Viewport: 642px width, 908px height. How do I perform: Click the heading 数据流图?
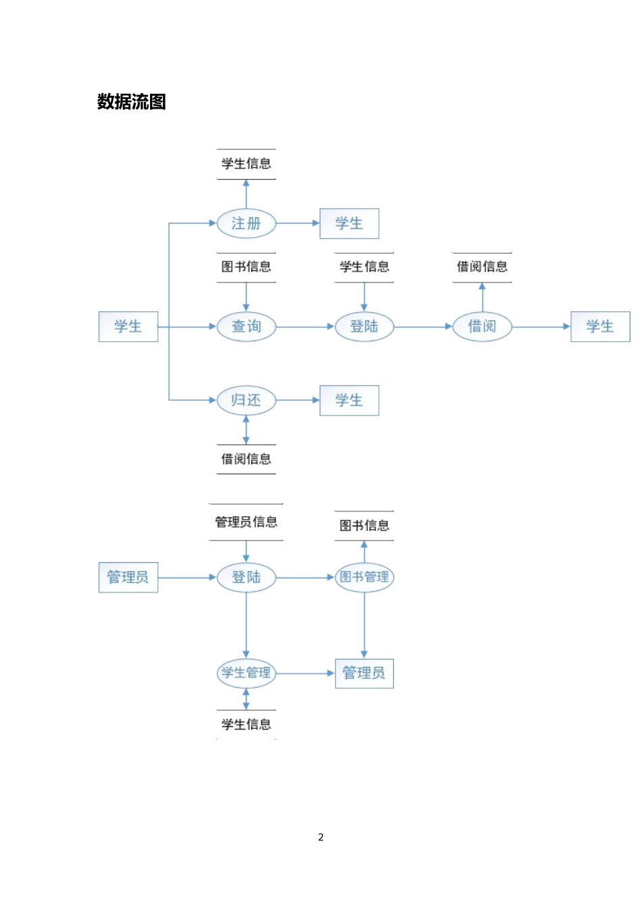coord(132,102)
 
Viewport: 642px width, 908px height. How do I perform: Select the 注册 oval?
coord(246,224)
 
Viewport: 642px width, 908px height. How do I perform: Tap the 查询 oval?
coord(246,326)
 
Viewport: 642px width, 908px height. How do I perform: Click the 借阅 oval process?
coord(482,326)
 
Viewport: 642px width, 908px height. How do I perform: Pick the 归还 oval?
coord(246,400)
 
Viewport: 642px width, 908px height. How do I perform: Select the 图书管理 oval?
coord(364,577)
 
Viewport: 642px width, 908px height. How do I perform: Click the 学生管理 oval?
coord(246,673)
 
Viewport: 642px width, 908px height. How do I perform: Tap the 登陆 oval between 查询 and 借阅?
coord(364,326)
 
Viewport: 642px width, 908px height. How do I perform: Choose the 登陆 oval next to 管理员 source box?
coord(246,577)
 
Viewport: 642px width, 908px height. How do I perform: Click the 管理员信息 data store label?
coord(246,522)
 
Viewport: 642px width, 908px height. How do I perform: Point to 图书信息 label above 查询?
coord(246,267)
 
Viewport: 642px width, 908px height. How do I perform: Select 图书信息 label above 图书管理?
coord(364,526)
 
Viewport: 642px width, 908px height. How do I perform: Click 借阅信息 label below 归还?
coord(246,459)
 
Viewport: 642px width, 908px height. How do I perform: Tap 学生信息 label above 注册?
coord(246,163)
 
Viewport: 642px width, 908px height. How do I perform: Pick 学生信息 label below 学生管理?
coord(246,724)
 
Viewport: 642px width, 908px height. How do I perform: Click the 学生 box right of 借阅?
coord(600,326)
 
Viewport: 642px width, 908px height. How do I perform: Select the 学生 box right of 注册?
coord(349,224)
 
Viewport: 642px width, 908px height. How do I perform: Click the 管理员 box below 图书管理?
coord(364,673)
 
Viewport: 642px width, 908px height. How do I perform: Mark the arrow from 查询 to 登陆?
coord(305,326)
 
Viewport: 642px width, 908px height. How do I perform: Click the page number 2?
coord(321,837)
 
